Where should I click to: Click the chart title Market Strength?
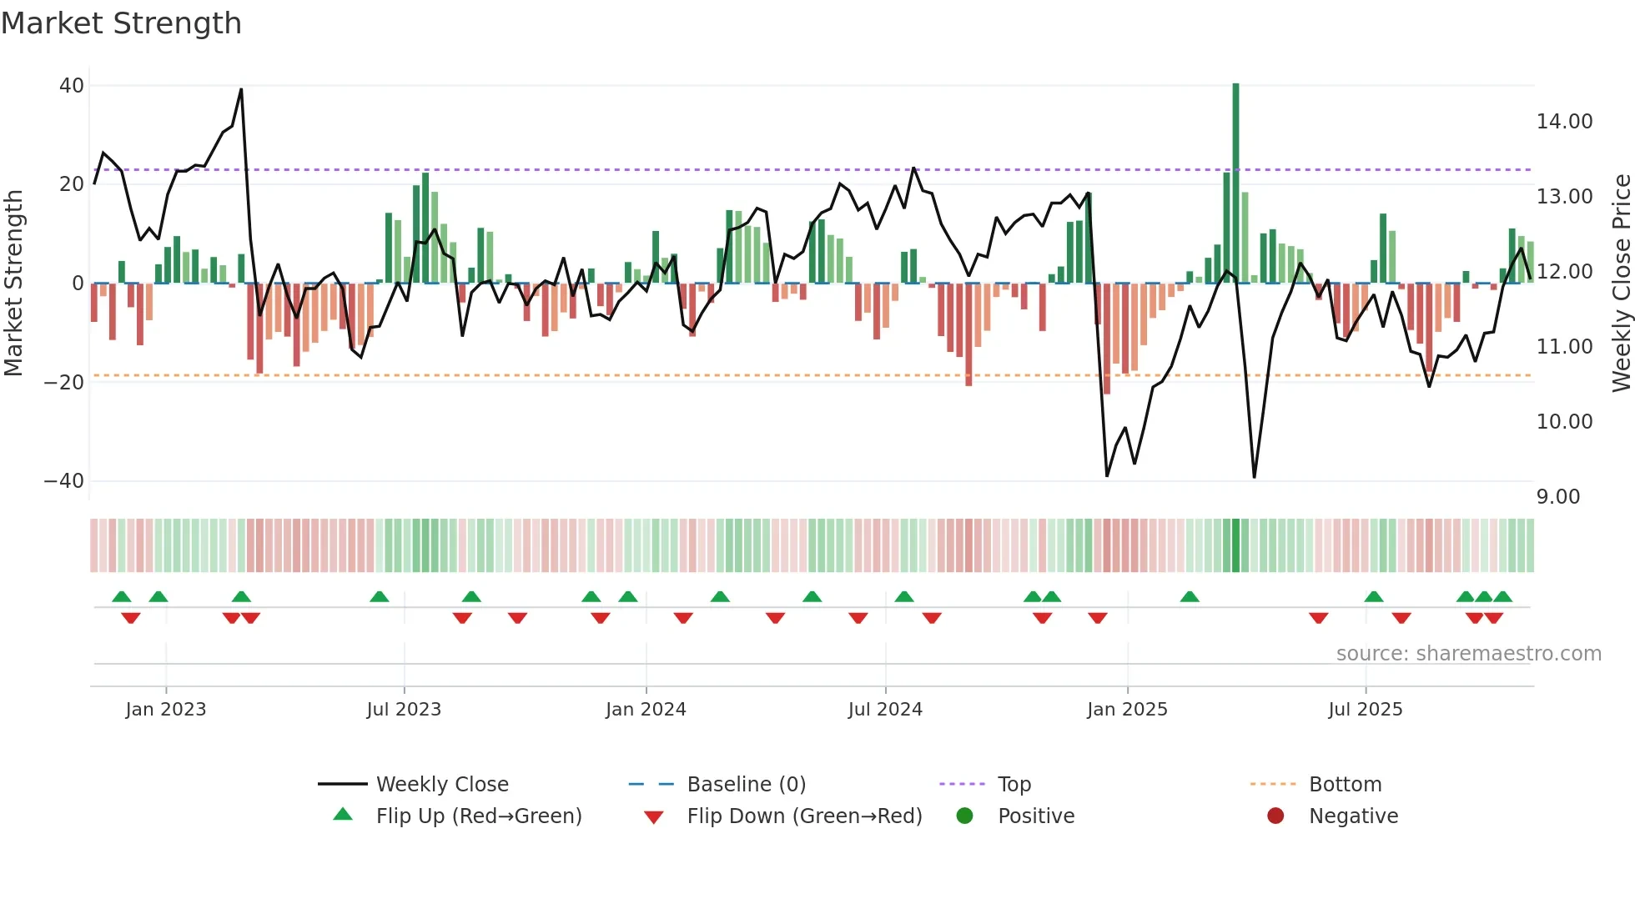click(121, 23)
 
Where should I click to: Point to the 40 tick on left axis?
click(72, 86)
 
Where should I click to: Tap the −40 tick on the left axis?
click(64, 481)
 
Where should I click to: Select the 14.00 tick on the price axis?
click(1564, 122)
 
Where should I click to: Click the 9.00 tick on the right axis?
click(1557, 497)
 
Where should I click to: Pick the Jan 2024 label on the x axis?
click(646, 710)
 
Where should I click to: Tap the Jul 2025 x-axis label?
click(1365, 710)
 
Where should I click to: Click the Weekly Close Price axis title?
click(1621, 284)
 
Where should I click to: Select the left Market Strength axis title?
click(13, 284)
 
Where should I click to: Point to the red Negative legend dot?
click(1275, 816)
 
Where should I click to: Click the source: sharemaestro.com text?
click(1468, 654)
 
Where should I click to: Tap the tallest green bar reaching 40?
click(1235, 183)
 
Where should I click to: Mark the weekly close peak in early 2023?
click(241, 89)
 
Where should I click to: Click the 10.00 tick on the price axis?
click(1564, 422)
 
